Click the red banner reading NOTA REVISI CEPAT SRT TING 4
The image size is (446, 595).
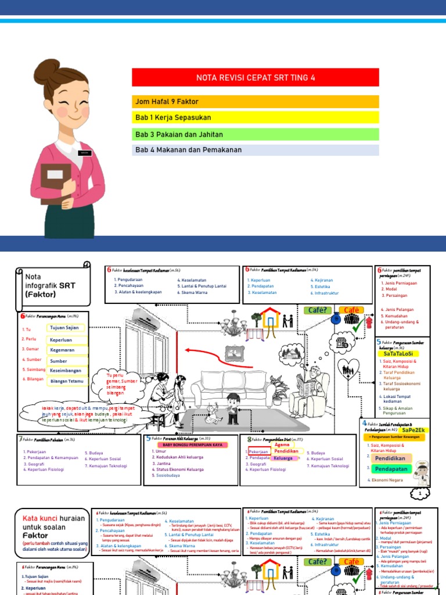(256, 77)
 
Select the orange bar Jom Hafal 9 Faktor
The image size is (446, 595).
(256, 102)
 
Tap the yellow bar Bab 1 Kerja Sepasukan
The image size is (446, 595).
(256, 118)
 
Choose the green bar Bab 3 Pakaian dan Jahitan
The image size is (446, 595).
(256, 135)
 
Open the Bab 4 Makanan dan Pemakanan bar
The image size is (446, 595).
(256, 150)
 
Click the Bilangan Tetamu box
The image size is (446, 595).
(67, 381)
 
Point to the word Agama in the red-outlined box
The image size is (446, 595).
(282, 445)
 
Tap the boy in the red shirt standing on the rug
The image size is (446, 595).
(232, 407)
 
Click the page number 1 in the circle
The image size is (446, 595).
(419, 494)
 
